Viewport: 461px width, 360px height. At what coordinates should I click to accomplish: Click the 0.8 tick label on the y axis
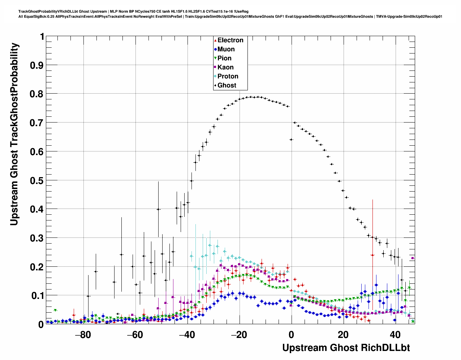37,94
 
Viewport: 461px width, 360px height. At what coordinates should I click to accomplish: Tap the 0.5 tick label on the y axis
37,180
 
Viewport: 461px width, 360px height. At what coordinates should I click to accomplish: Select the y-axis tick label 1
42,37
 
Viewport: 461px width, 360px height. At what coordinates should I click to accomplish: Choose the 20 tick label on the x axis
343,335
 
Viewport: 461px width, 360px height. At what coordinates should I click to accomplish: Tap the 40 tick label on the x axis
395,335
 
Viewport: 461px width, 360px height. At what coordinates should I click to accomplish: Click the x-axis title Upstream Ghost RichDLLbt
346,348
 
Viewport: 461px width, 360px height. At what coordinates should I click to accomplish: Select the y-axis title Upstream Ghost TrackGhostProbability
14,134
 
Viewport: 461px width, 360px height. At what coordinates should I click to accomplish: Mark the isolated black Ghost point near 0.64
291,140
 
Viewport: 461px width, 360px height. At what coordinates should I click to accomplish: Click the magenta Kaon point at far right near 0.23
413,258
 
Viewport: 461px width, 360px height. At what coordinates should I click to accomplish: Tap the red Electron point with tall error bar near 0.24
372,255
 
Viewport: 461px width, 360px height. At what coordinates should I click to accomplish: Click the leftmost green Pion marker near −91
55,310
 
